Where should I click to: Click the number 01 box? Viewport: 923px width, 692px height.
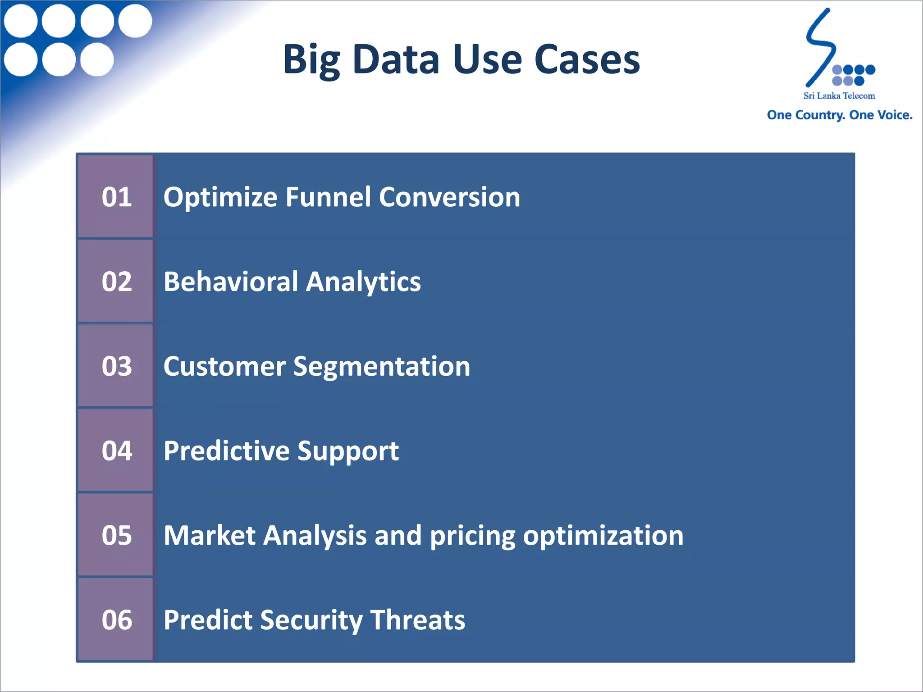coord(116,197)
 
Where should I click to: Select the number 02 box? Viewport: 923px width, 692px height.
coord(116,282)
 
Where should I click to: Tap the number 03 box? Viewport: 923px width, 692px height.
coord(116,366)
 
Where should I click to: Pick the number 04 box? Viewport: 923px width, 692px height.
coord(116,451)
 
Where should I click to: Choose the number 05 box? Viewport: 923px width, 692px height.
coord(116,535)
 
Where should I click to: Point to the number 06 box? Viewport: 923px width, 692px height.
coord(116,619)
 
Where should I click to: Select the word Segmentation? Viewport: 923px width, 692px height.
coord(382,366)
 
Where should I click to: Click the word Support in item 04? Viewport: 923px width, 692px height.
coord(348,451)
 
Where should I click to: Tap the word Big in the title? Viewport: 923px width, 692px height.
coord(311,60)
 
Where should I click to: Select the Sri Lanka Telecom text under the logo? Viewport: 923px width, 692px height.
coord(839,96)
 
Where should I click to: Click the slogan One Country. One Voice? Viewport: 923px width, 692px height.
coord(839,115)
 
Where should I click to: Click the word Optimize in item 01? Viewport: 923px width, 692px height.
coord(220,197)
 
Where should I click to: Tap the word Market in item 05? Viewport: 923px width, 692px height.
coord(210,535)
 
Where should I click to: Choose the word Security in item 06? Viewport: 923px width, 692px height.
coord(311,620)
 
